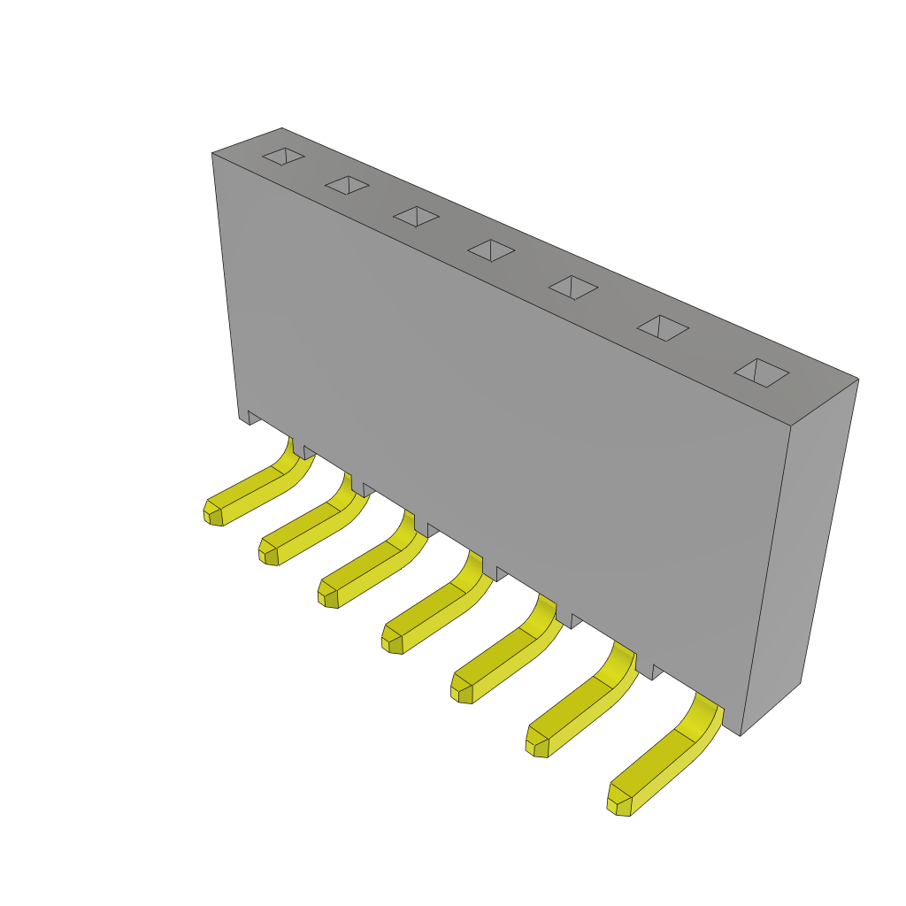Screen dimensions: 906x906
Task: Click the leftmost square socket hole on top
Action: tap(283, 157)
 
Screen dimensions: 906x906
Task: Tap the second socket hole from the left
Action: tap(347, 185)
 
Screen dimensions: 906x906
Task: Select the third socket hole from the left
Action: tap(416, 216)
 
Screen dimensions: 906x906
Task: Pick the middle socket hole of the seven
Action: tap(491, 250)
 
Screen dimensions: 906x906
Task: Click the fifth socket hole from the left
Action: tap(572, 288)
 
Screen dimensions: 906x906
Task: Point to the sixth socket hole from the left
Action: tap(663, 328)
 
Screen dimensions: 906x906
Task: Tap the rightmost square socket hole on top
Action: tap(761, 372)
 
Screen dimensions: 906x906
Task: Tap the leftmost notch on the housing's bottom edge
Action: tap(253, 417)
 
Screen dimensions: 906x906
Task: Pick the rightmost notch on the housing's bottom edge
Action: tap(657, 672)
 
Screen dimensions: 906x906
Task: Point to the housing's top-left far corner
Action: tap(281, 129)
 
